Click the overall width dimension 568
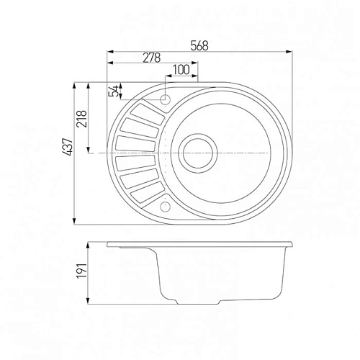coord(199,45)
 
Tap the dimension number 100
coord(181,70)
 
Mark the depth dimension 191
coord(81,271)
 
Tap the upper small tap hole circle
coord(165,99)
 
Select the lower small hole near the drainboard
coord(166,206)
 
